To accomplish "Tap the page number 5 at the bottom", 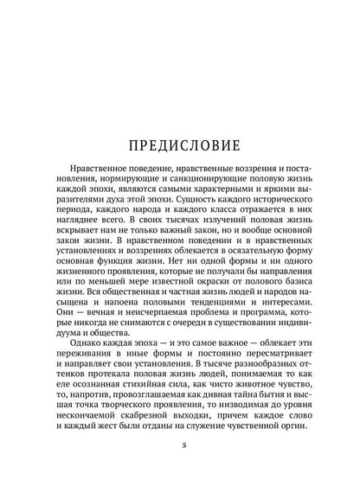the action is point(180,445).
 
